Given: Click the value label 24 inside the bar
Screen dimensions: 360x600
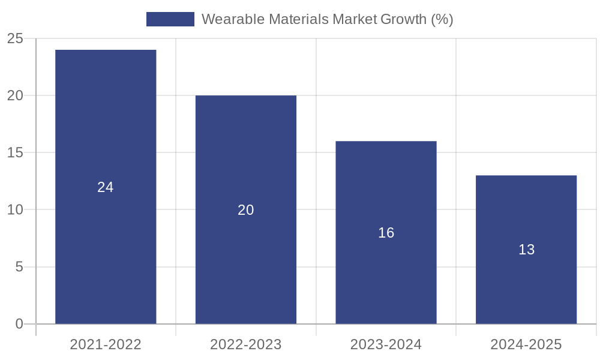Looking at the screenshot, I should click(106, 187).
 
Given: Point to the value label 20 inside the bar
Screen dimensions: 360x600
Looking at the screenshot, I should click(246, 210).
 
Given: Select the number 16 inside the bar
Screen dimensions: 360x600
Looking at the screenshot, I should click(386, 233).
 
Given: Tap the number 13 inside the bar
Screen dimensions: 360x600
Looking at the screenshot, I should click(526, 250).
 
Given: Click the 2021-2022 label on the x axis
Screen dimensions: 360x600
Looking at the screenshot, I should click(106, 344).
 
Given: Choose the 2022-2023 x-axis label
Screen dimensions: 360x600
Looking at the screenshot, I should click(246, 344).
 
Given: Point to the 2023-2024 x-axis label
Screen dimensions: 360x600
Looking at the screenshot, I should click(386, 344).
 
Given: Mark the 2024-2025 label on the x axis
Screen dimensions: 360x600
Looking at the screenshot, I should click(526, 344).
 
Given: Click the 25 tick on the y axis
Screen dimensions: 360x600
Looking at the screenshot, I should click(15, 39).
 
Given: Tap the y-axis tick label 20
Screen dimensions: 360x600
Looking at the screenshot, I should click(15, 96).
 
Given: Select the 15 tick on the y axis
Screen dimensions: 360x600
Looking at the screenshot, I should click(15, 153).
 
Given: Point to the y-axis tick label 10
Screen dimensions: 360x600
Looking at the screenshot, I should click(15, 210).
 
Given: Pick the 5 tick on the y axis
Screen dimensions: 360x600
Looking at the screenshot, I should click(19, 267).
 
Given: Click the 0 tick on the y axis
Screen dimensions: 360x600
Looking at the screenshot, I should click(19, 324).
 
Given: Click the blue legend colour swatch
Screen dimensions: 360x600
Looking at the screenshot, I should click(170, 19).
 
